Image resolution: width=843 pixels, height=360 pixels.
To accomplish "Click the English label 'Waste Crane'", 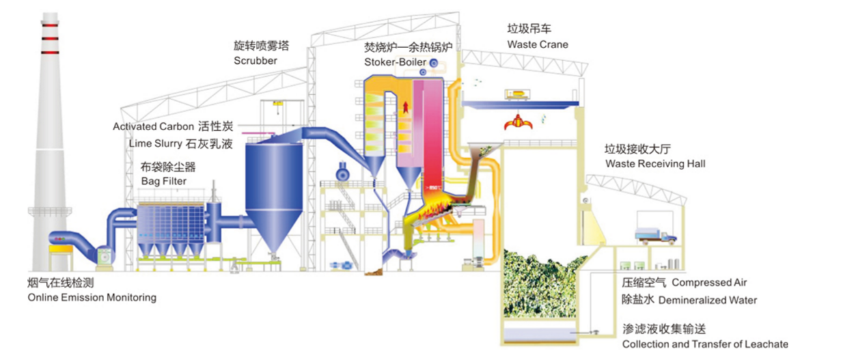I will tap(537, 45).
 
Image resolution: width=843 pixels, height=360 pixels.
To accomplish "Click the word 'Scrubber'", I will tap(255, 61).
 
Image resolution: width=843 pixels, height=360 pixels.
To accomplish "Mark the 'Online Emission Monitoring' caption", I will tap(92, 298).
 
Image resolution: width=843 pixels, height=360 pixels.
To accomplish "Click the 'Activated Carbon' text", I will tap(154, 126).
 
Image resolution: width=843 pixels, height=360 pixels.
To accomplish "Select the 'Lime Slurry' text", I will tap(156, 143).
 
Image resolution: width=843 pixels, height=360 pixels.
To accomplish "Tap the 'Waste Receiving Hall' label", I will tap(655, 163).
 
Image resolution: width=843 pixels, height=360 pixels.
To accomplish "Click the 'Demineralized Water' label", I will tap(708, 300).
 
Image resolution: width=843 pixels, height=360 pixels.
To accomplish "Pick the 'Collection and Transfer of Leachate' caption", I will tap(705, 344).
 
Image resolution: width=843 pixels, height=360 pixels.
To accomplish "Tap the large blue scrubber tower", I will tap(273, 189).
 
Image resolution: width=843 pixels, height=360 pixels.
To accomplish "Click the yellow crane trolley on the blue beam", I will tap(519, 96).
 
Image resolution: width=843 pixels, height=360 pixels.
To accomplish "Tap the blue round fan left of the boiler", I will tap(340, 174).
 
